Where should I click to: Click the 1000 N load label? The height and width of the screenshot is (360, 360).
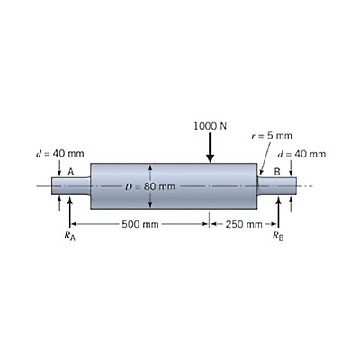pyautogui.click(x=210, y=125)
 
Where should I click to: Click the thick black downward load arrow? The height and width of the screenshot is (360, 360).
pyautogui.click(x=210, y=148)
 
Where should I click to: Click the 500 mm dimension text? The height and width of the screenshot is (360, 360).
pyautogui.click(x=140, y=223)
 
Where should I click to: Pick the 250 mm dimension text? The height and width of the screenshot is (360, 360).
pyautogui.click(x=244, y=223)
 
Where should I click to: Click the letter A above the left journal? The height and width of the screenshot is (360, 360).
pyautogui.click(x=70, y=171)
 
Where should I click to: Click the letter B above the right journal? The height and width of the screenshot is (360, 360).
pyautogui.click(x=277, y=171)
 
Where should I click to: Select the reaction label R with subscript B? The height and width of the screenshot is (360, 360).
pyautogui.click(x=277, y=238)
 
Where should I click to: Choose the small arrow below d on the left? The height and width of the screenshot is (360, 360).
pyautogui.click(x=59, y=168)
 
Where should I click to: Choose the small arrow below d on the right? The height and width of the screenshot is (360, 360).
pyautogui.click(x=291, y=168)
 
